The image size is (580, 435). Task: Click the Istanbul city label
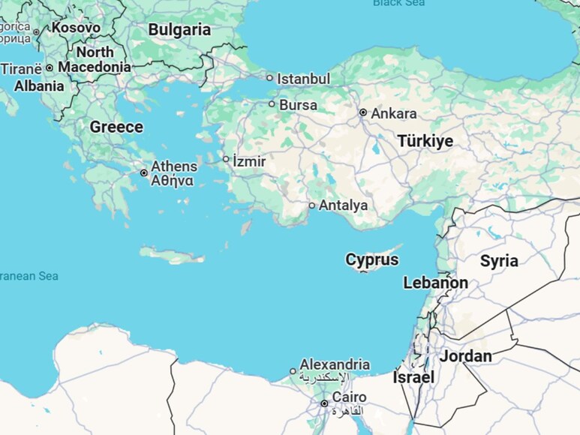point(303,79)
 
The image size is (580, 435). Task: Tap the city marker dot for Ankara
point(362,112)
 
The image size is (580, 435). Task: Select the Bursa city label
point(298,105)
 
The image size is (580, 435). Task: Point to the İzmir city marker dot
point(226,159)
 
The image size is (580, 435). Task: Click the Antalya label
point(343,205)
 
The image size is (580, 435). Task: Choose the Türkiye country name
point(425,141)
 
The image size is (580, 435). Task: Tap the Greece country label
point(116,127)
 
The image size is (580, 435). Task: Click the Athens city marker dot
point(144,173)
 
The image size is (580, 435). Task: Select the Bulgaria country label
point(179,30)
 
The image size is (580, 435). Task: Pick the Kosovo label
point(75,28)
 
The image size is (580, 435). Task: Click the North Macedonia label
point(95,59)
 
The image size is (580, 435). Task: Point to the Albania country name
point(39,86)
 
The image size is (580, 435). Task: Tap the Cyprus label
point(372,260)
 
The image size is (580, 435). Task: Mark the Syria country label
point(499,261)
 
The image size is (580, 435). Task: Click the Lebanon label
point(435,283)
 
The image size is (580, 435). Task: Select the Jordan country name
point(465,356)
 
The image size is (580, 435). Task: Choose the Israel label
point(413,377)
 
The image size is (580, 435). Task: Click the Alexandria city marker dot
point(293,371)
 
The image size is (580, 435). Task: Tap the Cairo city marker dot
point(324,403)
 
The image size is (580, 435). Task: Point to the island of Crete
point(172,256)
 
